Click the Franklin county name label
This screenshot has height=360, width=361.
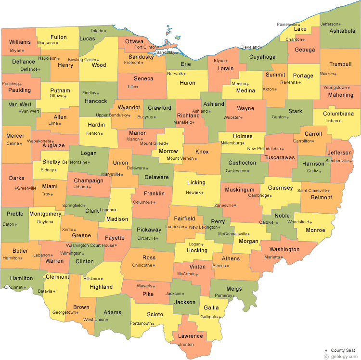[154, 193]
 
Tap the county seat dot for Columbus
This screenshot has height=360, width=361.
[155, 202]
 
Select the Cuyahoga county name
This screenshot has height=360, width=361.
[262, 57]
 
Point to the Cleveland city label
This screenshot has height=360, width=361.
[250, 47]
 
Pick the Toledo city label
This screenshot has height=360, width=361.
[97, 31]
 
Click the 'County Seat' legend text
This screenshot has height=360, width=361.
[344, 350]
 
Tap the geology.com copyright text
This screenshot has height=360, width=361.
[342, 357]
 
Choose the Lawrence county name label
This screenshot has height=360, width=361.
[190, 336]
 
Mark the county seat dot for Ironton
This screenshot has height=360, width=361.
[179, 345]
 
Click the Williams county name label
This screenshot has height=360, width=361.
[20, 42]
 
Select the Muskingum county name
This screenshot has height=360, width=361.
[239, 190]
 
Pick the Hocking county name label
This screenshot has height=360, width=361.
[197, 251]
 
